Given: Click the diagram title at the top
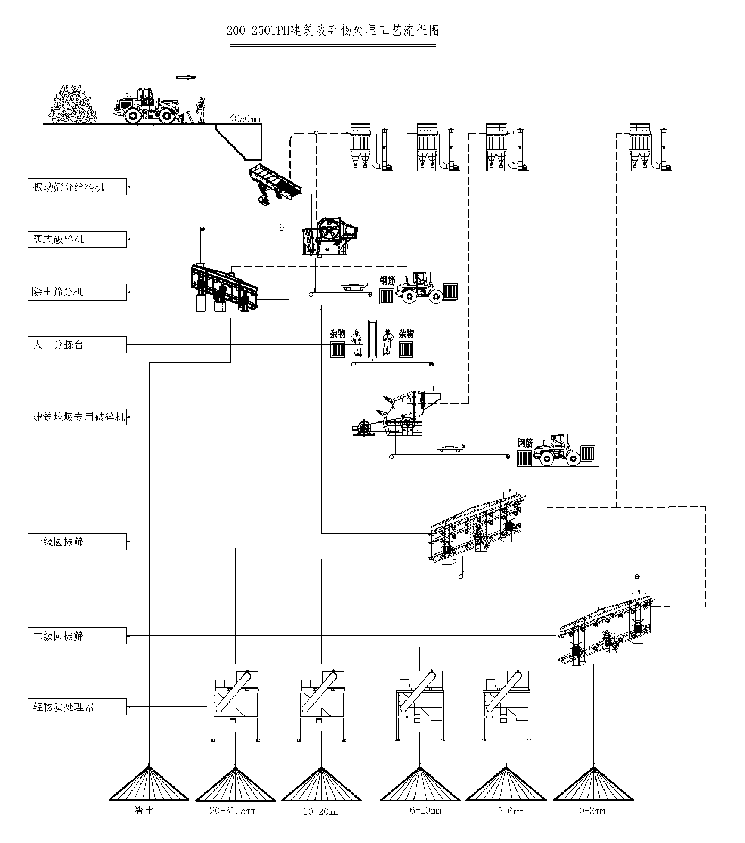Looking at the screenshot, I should coord(333,30).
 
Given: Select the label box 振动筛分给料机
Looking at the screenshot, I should coord(77,187).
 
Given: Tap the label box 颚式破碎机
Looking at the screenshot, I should coord(77,239).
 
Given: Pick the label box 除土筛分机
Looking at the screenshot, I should coord(77,292).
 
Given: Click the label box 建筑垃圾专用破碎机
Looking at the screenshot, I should coord(77,417).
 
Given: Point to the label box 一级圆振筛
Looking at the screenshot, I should coord(77,542).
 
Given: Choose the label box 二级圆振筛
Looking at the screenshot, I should coord(77,635).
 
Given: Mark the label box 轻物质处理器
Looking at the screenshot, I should coord(77,707).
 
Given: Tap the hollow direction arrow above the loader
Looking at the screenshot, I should coord(186,77).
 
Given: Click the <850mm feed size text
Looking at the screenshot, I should coord(244,119).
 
